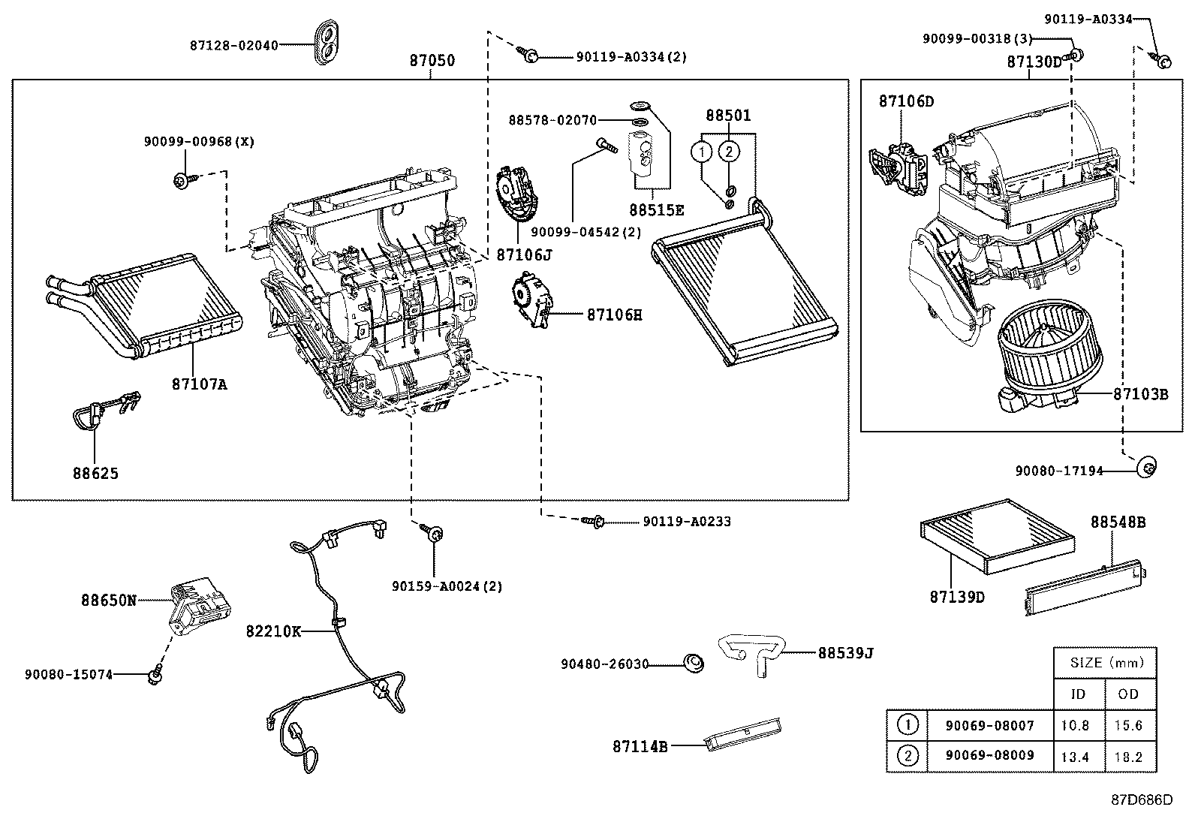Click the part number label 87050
click(432, 61)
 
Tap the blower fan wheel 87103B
click(1051, 353)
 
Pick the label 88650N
click(109, 600)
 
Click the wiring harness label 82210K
click(273, 631)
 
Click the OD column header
click(1128, 694)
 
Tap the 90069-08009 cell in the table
click(989, 755)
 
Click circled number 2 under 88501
click(728, 152)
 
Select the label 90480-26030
click(604, 664)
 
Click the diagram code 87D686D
click(1141, 799)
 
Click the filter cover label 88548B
click(1118, 522)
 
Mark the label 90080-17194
click(1059, 471)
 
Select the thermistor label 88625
click(95, 474)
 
